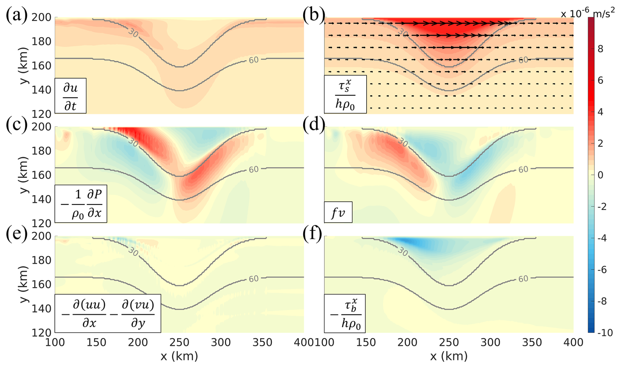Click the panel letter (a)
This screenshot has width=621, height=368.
[x=16, y=16]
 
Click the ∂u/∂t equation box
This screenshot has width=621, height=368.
[x=71, y=96]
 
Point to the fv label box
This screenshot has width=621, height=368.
[x=338, y=212]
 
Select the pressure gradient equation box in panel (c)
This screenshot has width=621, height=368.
[x=81, y=204]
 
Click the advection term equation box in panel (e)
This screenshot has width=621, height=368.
[x=108, y=313]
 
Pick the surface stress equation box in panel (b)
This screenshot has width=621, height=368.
[x=345, y=94]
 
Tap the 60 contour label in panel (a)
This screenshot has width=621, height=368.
[x=254, y=60]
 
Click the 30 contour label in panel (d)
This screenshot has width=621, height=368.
[x=403, y=142]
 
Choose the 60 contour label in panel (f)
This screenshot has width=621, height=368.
[x=523, y=279]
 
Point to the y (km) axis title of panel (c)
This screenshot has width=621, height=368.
[x=24, y=175]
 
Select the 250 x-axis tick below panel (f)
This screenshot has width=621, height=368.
[x=449, y=342]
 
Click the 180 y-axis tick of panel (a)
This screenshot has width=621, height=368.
[x=41, y=42]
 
